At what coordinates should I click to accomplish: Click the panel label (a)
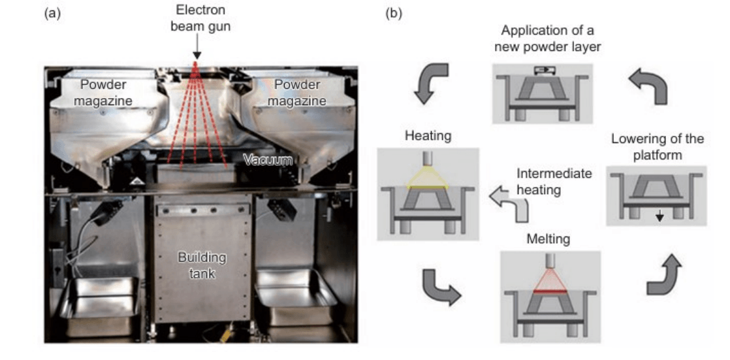(52, 14)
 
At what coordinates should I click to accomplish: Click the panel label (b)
(394, 14)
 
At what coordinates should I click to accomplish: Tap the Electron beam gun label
(200, 18)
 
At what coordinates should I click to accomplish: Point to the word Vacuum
(268, 160)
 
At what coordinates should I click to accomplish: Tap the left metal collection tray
(99, 303)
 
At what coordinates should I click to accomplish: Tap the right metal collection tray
(295, 297)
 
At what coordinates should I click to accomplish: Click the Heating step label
(428, 136)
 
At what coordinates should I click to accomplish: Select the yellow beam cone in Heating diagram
(428, 178)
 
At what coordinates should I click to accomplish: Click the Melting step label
(548, 239)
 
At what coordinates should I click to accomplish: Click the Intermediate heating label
(554, 182)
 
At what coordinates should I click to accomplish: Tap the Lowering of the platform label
(658, 146)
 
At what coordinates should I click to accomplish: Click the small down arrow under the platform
(659, 216)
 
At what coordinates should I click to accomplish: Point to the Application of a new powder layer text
(547, 39)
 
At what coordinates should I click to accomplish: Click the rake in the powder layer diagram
(543, 71)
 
